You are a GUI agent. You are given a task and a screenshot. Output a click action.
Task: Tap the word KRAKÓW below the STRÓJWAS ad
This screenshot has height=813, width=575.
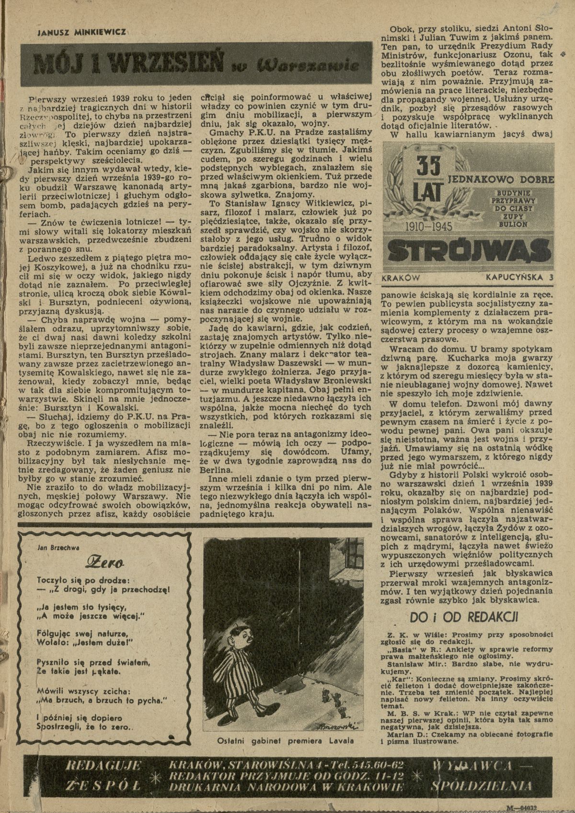[x=402, y=278]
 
